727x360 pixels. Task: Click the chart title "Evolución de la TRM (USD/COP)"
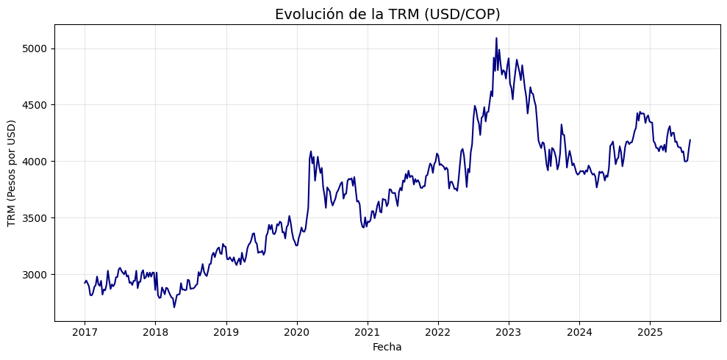387,14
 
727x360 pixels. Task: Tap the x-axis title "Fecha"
387,347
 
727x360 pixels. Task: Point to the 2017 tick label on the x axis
85,332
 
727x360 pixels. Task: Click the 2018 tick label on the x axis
155,332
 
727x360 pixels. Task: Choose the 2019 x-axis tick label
226,332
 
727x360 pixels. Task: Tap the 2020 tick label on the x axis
296,332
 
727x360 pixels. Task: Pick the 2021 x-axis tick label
367,332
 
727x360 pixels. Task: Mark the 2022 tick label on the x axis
437,332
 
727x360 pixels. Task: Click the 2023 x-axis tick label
509,332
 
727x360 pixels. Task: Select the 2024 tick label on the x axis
579,332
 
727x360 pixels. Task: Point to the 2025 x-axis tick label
650,332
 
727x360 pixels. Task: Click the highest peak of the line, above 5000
496,38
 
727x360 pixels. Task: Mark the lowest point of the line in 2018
174,306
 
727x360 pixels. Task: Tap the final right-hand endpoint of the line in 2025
690,140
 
